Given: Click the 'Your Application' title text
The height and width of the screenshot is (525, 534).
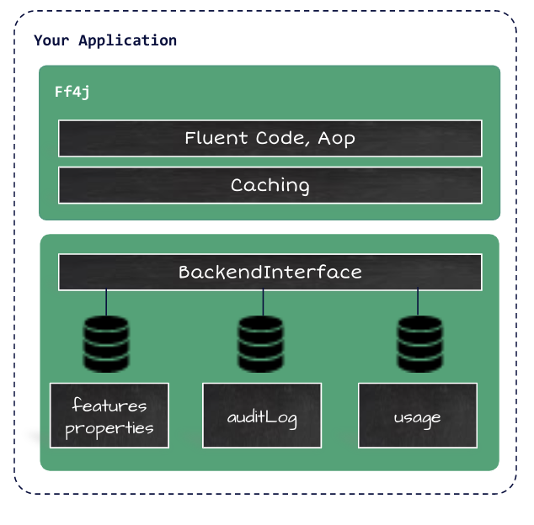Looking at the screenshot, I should point(105,40).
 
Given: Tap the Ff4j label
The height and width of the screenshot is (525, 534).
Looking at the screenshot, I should point(72,91).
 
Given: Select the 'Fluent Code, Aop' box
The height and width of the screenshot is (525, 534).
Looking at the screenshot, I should point(270,138).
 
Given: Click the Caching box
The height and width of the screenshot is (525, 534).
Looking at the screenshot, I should point(270,185).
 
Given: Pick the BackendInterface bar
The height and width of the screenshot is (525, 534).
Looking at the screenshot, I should point(270,273).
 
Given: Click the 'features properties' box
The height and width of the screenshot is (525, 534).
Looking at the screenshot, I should point(109,416).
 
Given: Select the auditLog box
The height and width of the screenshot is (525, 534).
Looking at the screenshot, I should point(262,416).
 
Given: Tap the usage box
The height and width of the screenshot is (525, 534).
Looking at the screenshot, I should point(418,416).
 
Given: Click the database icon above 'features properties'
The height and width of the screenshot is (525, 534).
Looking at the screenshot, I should point(106,343).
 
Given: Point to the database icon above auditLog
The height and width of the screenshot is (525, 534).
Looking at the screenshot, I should point(262,343).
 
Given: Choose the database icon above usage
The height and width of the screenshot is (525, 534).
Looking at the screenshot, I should point(419,343).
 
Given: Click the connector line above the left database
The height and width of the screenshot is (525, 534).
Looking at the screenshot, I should point(106,302).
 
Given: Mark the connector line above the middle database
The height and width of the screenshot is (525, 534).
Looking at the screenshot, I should point(263,302).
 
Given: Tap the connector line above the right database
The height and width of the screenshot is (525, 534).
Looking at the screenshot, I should point(419,302).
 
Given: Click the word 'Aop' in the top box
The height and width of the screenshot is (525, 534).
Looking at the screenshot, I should point(336,138).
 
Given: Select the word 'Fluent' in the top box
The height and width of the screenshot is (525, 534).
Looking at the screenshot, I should point(216,138).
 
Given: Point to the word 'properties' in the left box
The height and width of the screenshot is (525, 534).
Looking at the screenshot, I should point(109,428).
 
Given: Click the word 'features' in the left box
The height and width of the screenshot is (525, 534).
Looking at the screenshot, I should point(109,406).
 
